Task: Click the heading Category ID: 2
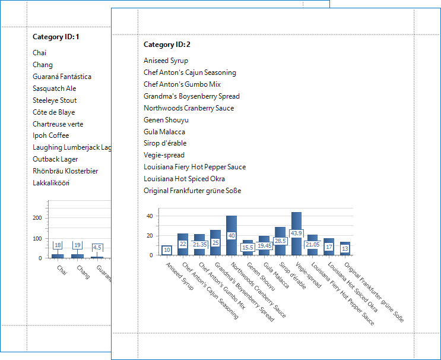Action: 167,45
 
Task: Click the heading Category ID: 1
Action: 56,37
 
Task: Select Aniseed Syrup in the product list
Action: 166,61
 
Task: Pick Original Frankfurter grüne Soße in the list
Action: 192,191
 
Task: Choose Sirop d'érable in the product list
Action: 165,143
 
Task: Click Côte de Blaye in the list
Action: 53,112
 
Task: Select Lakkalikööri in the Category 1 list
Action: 51,183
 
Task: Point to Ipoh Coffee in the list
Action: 50,135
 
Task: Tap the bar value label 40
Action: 231,236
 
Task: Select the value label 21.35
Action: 199,244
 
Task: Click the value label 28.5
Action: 280,241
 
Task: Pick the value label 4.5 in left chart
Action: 97,247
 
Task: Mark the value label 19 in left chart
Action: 77,245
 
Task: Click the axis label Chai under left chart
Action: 62,270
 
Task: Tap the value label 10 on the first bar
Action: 167,250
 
